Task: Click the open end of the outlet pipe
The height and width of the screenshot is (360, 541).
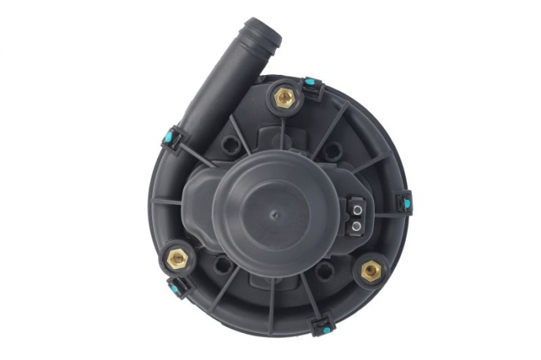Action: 266,32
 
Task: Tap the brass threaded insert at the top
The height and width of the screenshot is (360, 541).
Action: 284,97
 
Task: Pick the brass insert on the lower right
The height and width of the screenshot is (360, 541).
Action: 372,270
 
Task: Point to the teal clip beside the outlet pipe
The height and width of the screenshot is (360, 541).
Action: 171,138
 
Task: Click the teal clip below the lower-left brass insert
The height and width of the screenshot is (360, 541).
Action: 178,289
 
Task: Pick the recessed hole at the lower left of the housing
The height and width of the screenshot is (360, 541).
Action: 223,266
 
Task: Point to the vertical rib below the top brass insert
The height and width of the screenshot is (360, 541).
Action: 284,127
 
